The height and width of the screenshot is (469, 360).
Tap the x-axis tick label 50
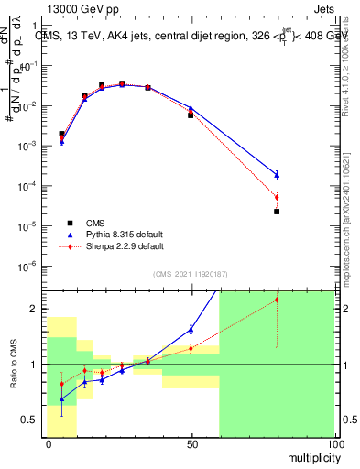191,444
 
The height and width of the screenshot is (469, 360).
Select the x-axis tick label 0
48,444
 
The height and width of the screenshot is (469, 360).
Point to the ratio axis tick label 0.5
30,420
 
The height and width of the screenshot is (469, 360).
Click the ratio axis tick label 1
34,365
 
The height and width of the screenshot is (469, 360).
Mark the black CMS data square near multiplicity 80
277,212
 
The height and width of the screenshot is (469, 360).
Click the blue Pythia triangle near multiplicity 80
277,174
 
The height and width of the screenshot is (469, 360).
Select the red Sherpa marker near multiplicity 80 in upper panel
277,197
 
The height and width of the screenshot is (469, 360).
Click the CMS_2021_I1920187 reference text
191,273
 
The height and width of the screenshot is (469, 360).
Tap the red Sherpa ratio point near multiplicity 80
277,300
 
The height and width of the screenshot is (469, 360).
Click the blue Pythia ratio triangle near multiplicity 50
191,329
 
